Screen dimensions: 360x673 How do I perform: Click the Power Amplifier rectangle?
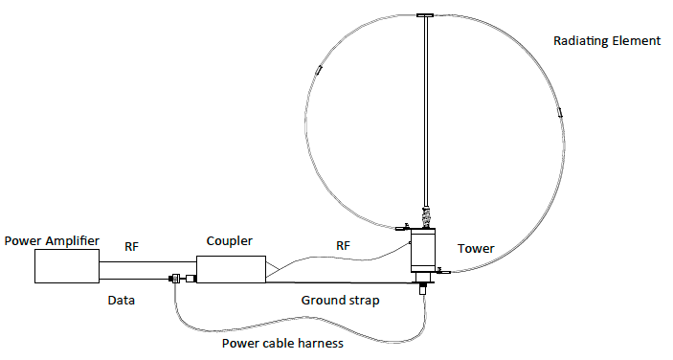click(x=67, y=267)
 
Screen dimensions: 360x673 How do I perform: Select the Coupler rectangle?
click(x=231, y=269)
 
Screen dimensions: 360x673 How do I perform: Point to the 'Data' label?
click(x=120, y=300)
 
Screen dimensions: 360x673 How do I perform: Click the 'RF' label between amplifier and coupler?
click(x=132, y=246)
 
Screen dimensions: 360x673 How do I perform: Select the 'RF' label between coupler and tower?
click(x=343, y=246)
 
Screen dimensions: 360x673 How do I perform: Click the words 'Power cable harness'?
click(x=282, y=344)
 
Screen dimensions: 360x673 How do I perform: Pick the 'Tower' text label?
click(x=476, y=249)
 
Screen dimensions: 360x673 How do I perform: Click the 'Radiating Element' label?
click(x=607, y=41)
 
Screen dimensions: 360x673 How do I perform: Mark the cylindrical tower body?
click(x=421, y=250)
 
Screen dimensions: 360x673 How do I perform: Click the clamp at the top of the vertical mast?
click(x=425, y=15)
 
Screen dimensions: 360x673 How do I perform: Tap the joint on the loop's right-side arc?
click(x=559, y=113)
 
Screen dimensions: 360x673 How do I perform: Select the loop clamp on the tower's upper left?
click(x=402, y=228)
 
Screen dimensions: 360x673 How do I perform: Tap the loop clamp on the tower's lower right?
click(x=442, y=272)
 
